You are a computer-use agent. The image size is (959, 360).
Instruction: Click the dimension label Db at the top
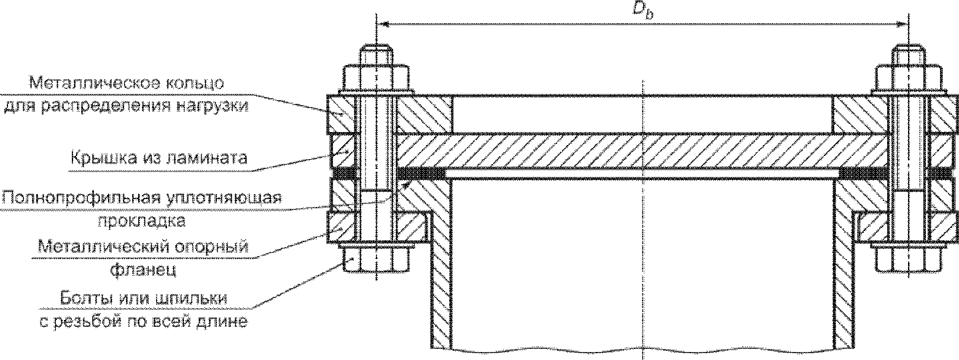click(x=643, y=11)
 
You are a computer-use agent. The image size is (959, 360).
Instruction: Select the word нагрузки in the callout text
click(x=213, y=107)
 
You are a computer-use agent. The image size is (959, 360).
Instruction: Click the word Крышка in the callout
click(x=101, y=158)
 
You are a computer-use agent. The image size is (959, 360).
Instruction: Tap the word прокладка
click(x=142, y=221)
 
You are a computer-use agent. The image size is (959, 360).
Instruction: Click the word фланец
click(x=143, y=270)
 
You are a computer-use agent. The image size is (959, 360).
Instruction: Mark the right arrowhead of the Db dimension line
click(x=902, y=25)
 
